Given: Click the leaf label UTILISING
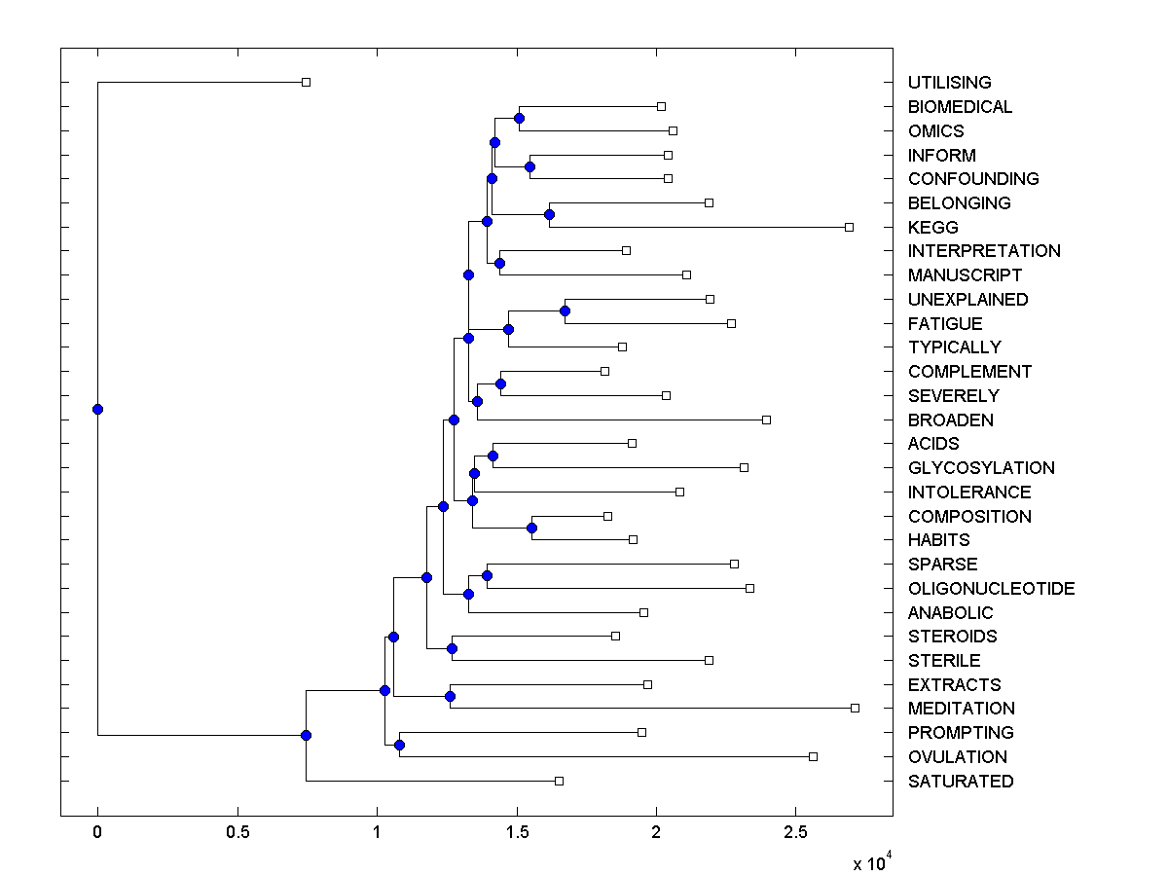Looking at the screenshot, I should (x=949, y=83).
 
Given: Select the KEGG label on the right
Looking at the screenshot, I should (x=932, y=227).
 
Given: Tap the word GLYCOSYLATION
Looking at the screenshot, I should (x=981, y=468).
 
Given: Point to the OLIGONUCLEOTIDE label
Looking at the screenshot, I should (x=991, y=589).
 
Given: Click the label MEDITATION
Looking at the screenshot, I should (x=961, y=709).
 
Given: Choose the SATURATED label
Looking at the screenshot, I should (x=960, y=782).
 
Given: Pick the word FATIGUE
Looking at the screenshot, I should (x=944, y=323).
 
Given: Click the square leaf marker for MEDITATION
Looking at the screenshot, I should (x=855, y=708).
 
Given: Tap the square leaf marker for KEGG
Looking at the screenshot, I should (x=849, y=227).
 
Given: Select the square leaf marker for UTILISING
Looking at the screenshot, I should (x=306, y=82).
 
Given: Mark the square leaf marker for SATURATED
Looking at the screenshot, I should (x=559, y=781).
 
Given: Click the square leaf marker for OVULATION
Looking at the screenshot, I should (x=813, y=756).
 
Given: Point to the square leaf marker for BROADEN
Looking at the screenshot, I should (x=766, y=420).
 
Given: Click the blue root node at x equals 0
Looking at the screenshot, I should (x=97, y=409).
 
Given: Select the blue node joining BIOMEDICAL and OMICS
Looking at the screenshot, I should (x=519, y=118).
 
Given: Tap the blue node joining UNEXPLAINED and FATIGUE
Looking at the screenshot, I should (x=565, y=310).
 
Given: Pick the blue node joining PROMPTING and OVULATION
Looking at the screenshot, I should (x=399, y=745).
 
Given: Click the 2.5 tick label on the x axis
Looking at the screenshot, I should (x=796, y=832).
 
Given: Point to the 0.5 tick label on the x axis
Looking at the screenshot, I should (x=237, y=832).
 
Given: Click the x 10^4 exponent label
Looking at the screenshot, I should (x=869, y=862).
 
